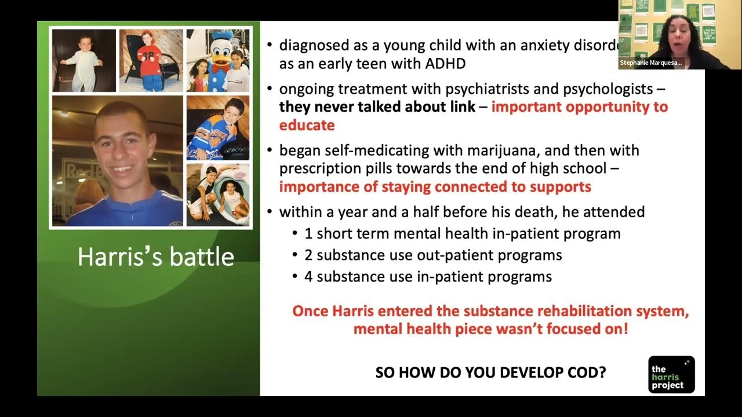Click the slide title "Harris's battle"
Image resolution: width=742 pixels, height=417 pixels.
tap(155, 257)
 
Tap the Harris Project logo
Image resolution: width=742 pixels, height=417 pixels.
tap(671, 375)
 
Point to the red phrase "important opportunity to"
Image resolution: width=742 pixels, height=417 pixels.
tap(579, 107)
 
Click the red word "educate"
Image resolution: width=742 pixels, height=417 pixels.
tap(307, 125)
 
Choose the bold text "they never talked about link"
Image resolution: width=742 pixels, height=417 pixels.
tap(376, 107)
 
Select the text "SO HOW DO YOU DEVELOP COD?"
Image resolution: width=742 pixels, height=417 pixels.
tap(490, 372)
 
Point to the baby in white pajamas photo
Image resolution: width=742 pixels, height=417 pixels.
tap(84, 61)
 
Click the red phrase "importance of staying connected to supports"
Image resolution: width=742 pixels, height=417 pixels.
tap(435, 187)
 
